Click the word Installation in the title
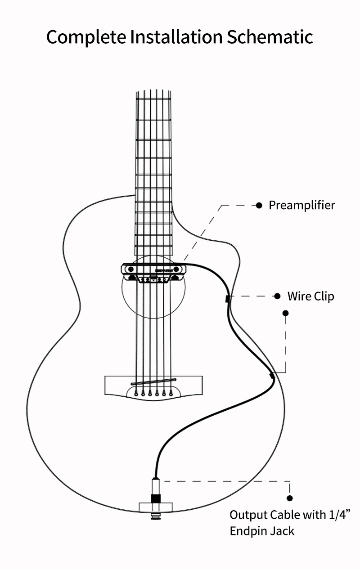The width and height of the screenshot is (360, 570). tap(176, 37)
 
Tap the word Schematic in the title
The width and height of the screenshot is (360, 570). tap(270, 37)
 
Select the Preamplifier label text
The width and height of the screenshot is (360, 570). tap(301, 206)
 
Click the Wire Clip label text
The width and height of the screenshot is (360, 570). tap(310, 296)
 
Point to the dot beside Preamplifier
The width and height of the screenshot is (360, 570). tap(259, 206)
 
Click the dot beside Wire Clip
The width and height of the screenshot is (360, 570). tap(278, 296)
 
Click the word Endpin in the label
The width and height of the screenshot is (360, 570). tap(247, 531)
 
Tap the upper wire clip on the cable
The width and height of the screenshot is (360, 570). tap(227, 298)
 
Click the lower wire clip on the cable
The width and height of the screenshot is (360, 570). tap(272, 374)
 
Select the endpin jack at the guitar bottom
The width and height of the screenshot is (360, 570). tap(156, 499)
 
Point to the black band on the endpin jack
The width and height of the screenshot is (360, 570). tap(156, 498)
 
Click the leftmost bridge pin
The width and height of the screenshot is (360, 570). tap(135, 394)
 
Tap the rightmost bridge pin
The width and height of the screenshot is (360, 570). tap(171, 394)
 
